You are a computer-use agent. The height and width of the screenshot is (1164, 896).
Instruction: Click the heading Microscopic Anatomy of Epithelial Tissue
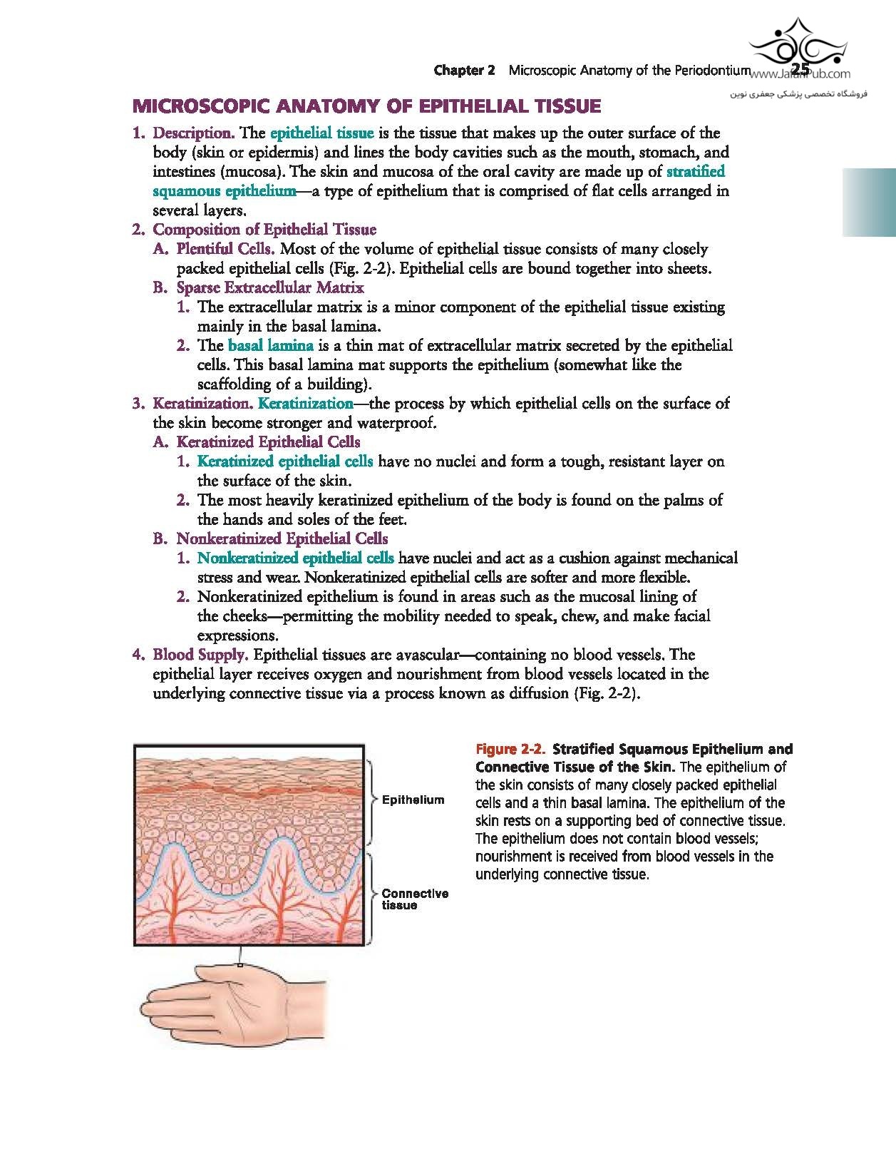pyautogui.click(x=366, y=107)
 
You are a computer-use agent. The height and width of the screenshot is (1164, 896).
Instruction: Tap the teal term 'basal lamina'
pyautogui.click(x=271, y=346)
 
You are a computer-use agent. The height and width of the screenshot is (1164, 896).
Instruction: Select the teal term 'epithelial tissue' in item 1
pyautogui.click(x=321, y=133)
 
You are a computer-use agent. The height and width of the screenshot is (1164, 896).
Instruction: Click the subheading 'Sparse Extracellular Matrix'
pyautogui.click(x=269, y=288)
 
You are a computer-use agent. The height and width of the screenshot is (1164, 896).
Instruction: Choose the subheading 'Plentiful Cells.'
pyautogui.click(x=225, y=250)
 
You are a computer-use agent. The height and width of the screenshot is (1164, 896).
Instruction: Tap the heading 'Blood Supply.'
pyautogui.click(x=200, y=655)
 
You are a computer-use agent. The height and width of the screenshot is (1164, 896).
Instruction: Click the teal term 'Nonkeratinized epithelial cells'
pyautogui.click(x=295, y=558)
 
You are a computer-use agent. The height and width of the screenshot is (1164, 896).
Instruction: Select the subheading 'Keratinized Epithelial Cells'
pyautogui.click(x=268, y=442)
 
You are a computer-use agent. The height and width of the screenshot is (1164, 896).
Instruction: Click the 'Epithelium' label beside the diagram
pyautogui.click(x=413, y=800)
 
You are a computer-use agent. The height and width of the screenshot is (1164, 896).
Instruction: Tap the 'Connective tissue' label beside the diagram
pyautogui.click(x=414, y=899)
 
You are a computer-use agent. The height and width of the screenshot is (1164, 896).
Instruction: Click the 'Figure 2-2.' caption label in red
pyautogui.click(x=510, y=750)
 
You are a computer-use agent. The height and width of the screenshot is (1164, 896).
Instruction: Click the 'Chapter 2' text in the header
pyautogui.click(x=464, y=71)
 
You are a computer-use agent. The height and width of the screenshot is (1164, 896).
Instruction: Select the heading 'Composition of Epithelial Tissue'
pyautogui.click(x=264, y=230)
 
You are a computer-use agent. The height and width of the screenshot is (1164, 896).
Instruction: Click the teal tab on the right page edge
pyautogui.click(x=869, y=203)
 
